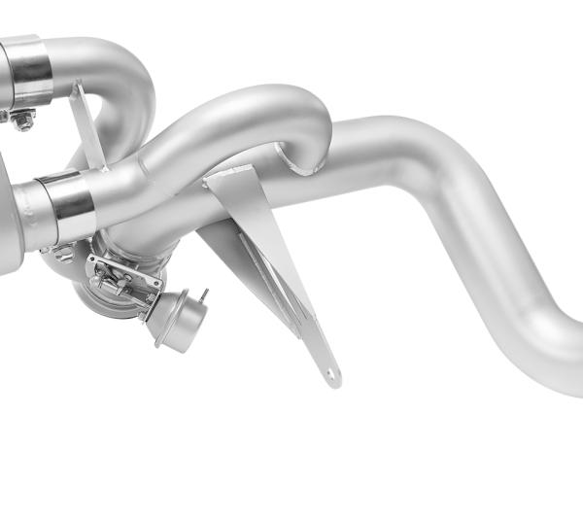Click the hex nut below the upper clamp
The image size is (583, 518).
[21, 121]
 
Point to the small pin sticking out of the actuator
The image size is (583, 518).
[203, 294]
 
